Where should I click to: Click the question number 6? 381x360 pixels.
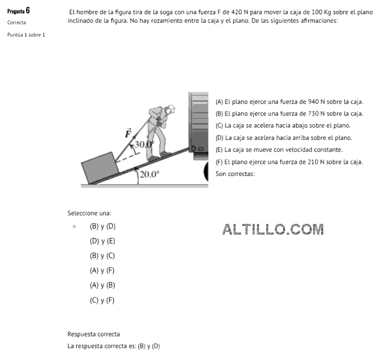click(x=28, y=10)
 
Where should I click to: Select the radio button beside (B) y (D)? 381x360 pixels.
click(x=75, y=227)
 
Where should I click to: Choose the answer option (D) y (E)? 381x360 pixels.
click(x=102, y=241)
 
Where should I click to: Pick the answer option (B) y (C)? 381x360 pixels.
click(x=102, y=256)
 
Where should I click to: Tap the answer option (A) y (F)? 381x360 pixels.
click(x=102, y=271)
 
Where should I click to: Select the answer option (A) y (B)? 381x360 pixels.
click(x=102, y=285)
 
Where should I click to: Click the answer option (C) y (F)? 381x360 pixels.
click(x=102, y=301)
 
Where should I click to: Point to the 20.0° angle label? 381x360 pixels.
click(x=150, y=174)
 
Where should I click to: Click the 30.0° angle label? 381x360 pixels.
click(x=144, y=144)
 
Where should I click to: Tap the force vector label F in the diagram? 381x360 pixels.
click(x=128, y=133)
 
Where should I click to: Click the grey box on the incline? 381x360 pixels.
click(x=100, y=168)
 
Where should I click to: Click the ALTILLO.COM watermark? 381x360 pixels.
click(x=273, y=229)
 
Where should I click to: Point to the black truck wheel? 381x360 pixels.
click(x=206, y=172)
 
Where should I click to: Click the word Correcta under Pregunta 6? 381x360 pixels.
click(x=16, y=23)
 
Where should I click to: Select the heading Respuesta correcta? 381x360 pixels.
click(x=94, y=334)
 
